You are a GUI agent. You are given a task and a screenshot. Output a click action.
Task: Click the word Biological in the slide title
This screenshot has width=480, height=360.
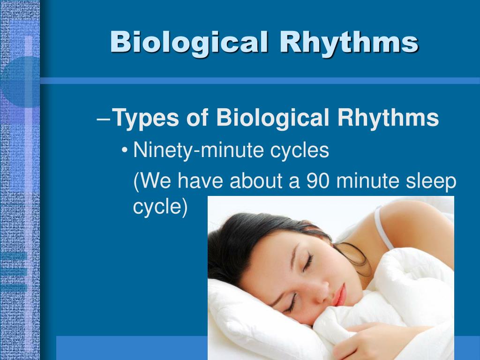click(189, 43)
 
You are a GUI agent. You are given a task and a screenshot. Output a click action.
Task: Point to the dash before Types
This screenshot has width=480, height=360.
click(104, 119)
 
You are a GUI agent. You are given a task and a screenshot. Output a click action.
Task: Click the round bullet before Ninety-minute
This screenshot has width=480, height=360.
click(125, 151)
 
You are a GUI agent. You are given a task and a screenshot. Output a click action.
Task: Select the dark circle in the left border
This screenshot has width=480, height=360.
click(22, 82)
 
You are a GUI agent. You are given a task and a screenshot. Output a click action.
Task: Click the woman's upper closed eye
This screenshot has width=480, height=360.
click(308, 264)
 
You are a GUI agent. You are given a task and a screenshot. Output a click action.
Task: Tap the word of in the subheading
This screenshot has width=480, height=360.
click(197, 117)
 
